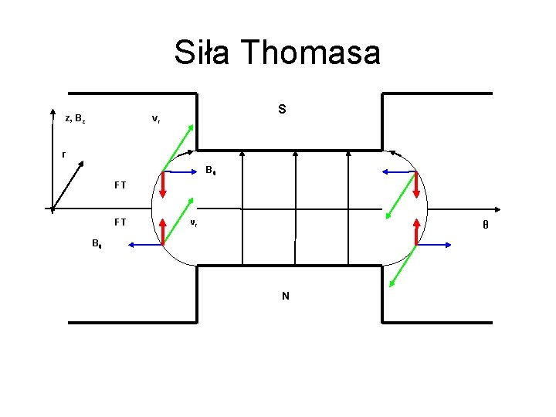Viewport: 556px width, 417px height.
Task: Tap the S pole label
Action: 282,110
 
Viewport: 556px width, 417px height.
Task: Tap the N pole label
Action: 286,295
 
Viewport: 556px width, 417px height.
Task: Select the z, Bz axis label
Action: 76,118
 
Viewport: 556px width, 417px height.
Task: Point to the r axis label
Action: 63,154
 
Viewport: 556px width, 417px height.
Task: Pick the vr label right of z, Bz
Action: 156,119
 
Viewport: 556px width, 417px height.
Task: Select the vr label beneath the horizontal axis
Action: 194,223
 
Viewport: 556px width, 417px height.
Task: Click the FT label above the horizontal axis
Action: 120,185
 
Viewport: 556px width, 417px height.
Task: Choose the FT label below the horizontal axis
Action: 120,222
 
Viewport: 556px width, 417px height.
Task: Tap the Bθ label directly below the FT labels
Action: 96,244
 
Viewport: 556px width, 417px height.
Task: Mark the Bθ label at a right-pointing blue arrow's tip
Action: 210,170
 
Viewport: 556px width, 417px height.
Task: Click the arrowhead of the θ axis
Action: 504,208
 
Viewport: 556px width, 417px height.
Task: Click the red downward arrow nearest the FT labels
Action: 163,185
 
